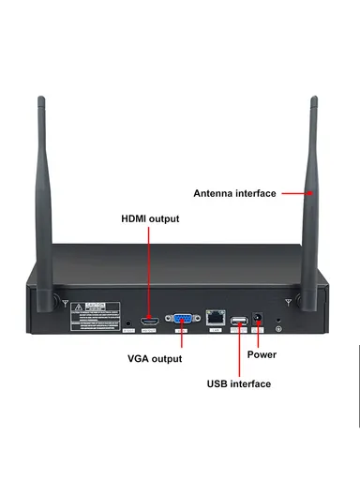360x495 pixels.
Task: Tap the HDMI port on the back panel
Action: (x=148, y=322)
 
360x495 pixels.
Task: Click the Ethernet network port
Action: (x=216, y=320)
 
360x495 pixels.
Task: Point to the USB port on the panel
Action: (x=239, y=322)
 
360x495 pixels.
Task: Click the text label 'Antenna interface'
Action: (x=234, y=194)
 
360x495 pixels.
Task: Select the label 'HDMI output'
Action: (x=150, y=219)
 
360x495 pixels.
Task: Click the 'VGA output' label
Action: (x=155, y=359)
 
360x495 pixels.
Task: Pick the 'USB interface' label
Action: (x=238, y=384)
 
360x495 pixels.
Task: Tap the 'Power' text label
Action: (x=262, y=355)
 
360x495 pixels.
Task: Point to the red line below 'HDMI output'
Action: (x=148, y=272)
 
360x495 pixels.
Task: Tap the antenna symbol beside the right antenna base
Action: (x=287, y=302)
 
